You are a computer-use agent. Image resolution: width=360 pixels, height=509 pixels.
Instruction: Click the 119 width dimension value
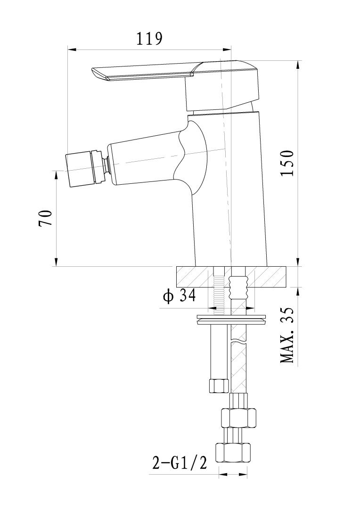point(149,38)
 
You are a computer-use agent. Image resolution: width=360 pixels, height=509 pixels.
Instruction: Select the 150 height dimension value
point(287,163)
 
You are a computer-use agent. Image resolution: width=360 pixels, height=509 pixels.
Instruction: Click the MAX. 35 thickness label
point(287,335)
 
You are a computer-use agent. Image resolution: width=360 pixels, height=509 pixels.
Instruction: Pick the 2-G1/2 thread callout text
point(180,464)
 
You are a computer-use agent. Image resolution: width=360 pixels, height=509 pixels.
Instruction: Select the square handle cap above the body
point(221,87)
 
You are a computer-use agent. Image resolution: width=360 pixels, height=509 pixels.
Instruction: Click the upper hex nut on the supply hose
point(238,417)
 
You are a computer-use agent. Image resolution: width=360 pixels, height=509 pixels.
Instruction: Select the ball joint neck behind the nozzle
point(107,164)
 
